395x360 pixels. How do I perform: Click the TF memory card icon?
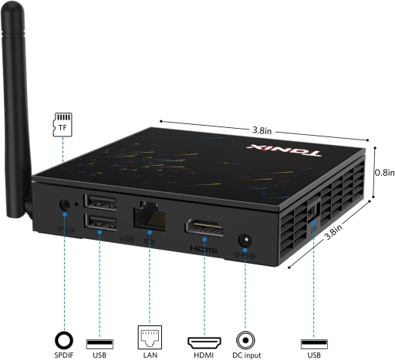coord(62,124)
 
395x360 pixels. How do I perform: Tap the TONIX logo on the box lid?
coord(284,151)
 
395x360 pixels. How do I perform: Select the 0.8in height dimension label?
coord(385,173)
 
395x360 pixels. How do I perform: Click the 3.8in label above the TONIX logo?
coord(262,130)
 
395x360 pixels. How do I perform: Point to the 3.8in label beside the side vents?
coord(334,232)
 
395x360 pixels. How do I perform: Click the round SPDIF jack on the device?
coord(64,205)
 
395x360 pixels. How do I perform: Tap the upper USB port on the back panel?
coord(100,201)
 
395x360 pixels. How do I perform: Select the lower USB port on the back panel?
coord(100,222)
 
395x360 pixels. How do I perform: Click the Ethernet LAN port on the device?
coord(149,216)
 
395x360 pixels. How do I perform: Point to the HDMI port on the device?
coord(204,227)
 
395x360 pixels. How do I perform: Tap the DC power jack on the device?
coord(245,241)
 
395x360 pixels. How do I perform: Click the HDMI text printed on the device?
coord(204,249)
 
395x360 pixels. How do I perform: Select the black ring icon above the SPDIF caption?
coord(64,340)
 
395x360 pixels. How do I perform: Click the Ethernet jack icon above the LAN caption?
coord(150,337)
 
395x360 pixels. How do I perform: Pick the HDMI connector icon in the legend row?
coord(204,342)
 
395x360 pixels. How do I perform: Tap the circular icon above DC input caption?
coord(245,340)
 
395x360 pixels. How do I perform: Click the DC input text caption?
coord(246,355)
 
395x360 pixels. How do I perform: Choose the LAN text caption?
coord(150,355)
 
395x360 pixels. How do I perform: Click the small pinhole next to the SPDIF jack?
coord(76,204)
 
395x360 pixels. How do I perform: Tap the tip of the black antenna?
coord(12,3)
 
